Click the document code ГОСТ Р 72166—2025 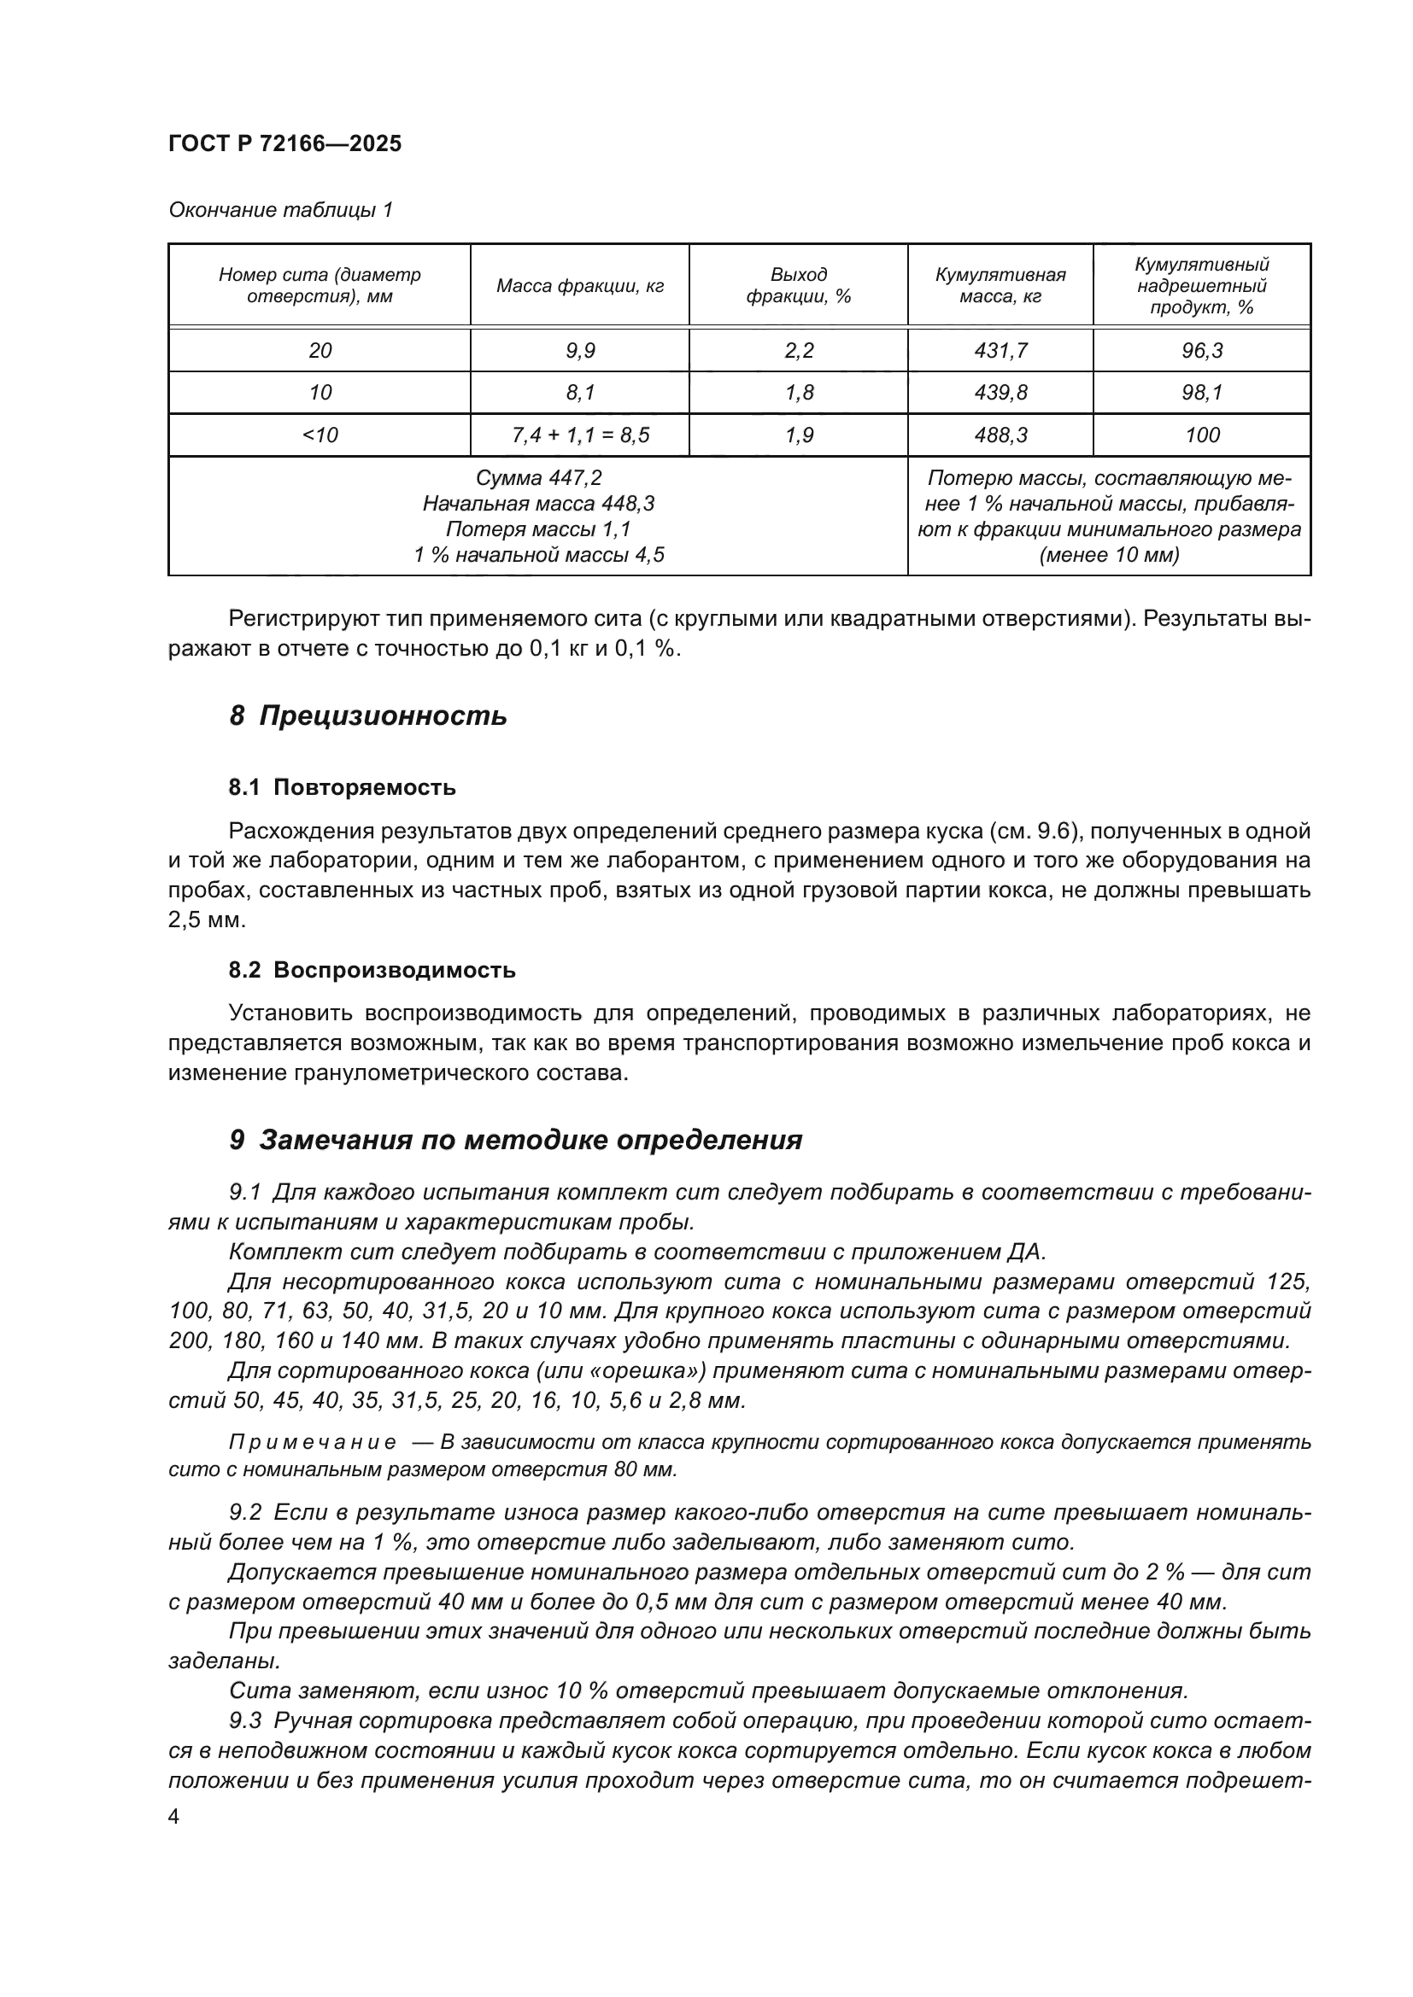284,143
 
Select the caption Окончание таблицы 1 280,210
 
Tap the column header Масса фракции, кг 579,285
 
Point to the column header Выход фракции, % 798,285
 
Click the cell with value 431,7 1000,351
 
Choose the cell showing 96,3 1202,351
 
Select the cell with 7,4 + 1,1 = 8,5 579,435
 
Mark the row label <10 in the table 320,435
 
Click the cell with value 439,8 1000,392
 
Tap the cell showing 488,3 1000,435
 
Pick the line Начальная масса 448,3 537,504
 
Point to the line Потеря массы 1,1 537,528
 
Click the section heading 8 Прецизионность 368,715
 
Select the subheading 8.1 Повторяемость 342,787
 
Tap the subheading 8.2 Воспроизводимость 372,970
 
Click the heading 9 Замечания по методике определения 515,1140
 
